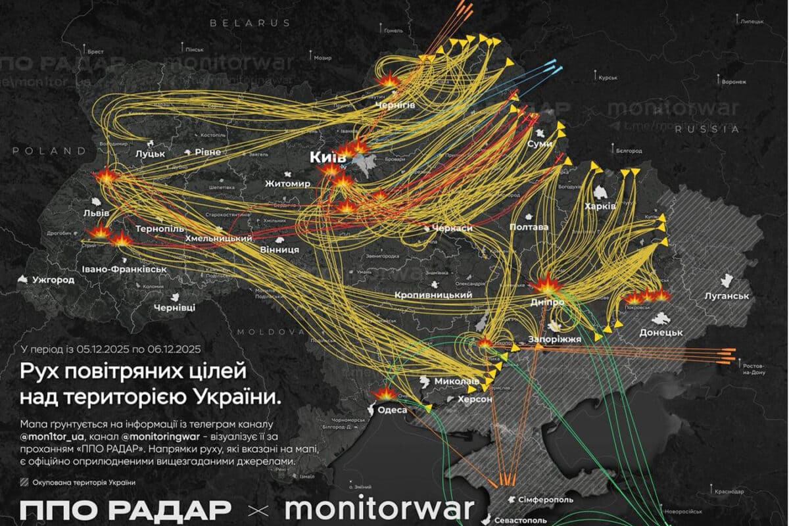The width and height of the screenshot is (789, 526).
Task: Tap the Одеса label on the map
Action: pos(392,410)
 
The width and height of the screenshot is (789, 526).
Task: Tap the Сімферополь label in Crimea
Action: pos(541,501)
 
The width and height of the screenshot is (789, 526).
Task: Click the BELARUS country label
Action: pos(250,22)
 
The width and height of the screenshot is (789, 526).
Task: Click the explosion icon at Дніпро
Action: pos(545,285)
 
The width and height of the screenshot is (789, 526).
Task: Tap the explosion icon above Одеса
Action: pos(383,393)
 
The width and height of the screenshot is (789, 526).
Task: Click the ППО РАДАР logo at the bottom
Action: pos(125,509)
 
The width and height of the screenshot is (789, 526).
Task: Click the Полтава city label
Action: pos(529,227)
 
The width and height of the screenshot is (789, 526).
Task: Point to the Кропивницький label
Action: pos(434,297)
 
